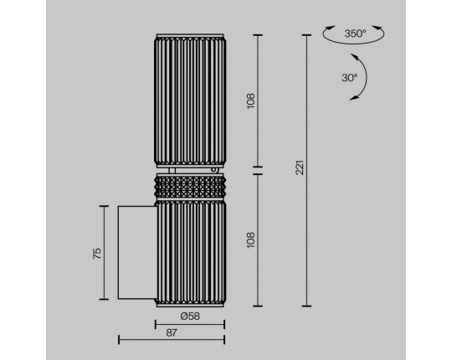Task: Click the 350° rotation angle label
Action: [x=355, y=33]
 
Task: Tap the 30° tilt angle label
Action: [x=349, y=78]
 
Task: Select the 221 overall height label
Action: [x=300, y=167]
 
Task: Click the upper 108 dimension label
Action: [x=251, y=100]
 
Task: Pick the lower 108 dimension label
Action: [x=251, y=240]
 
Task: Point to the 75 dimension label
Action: [x=97, y=254]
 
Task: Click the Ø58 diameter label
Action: [x=190, y=316]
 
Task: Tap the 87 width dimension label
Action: [x=172, y=333]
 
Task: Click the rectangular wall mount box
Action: [x=137, y=253]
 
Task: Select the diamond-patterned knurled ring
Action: [x=190, y=188]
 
